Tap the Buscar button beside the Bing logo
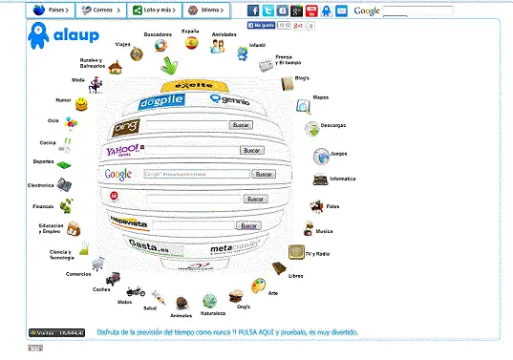pyautogui.click(x=241, y=125)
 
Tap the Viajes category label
pyautogui.click(x=123, y=44)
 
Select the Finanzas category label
pyautogui.click(x=42, y=206)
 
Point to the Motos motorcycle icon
pyautogui.click(x=135, y=291)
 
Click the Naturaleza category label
pyautogui.click(x=213, y=313)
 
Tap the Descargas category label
pyautogui.click(x=333, y=125)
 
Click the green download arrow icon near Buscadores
pyautogui.click(x=169, y=65)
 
